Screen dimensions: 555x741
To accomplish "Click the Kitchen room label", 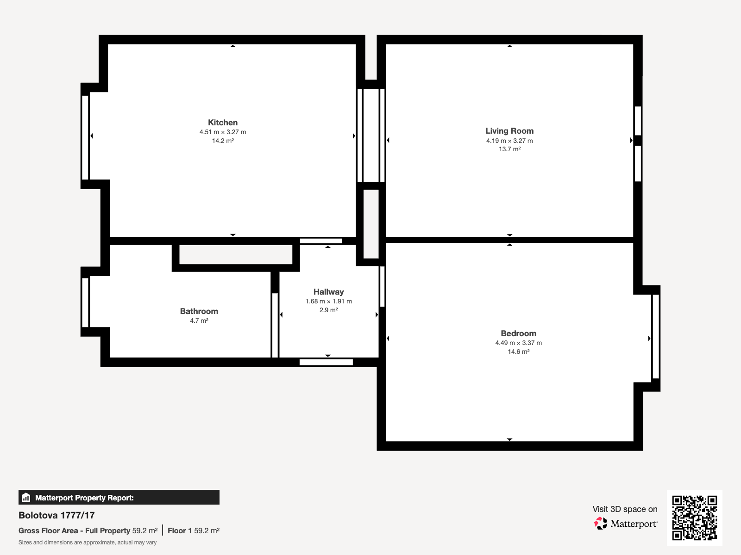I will (x=223, y=123).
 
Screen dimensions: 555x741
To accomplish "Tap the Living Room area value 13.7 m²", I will (x=509, y=149).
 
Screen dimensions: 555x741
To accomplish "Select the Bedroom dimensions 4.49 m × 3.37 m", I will (x=518, y=343).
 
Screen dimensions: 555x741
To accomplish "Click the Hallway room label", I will (x=328, y=292).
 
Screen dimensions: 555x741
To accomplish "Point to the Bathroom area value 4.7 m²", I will (x=199, y=321).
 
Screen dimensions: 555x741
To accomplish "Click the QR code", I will (x=694, y=518).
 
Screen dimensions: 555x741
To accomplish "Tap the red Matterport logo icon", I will (x=601, y=524).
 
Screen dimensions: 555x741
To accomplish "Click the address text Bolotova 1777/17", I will (x=57, y=515).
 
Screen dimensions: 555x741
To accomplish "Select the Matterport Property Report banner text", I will (x=84, y=498).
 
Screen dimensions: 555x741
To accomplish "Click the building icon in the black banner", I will (x=26, y=498).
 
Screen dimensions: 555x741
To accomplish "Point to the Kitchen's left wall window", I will (x=85, y=137).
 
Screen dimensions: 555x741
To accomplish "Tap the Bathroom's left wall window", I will (x=85, y=302).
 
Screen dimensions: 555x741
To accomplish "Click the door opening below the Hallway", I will (x=326, y=362).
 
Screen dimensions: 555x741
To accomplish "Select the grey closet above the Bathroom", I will (x=236, y=255).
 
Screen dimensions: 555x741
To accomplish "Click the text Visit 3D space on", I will (x=625, y=509).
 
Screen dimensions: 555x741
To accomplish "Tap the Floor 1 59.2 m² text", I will (x=193, y=530).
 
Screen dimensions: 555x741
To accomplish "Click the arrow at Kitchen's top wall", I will (x=233, y=46).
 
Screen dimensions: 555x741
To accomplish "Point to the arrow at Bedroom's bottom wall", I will (x=509, y=439).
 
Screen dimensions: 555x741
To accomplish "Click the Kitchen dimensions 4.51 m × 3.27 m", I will (x=223, y=132).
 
